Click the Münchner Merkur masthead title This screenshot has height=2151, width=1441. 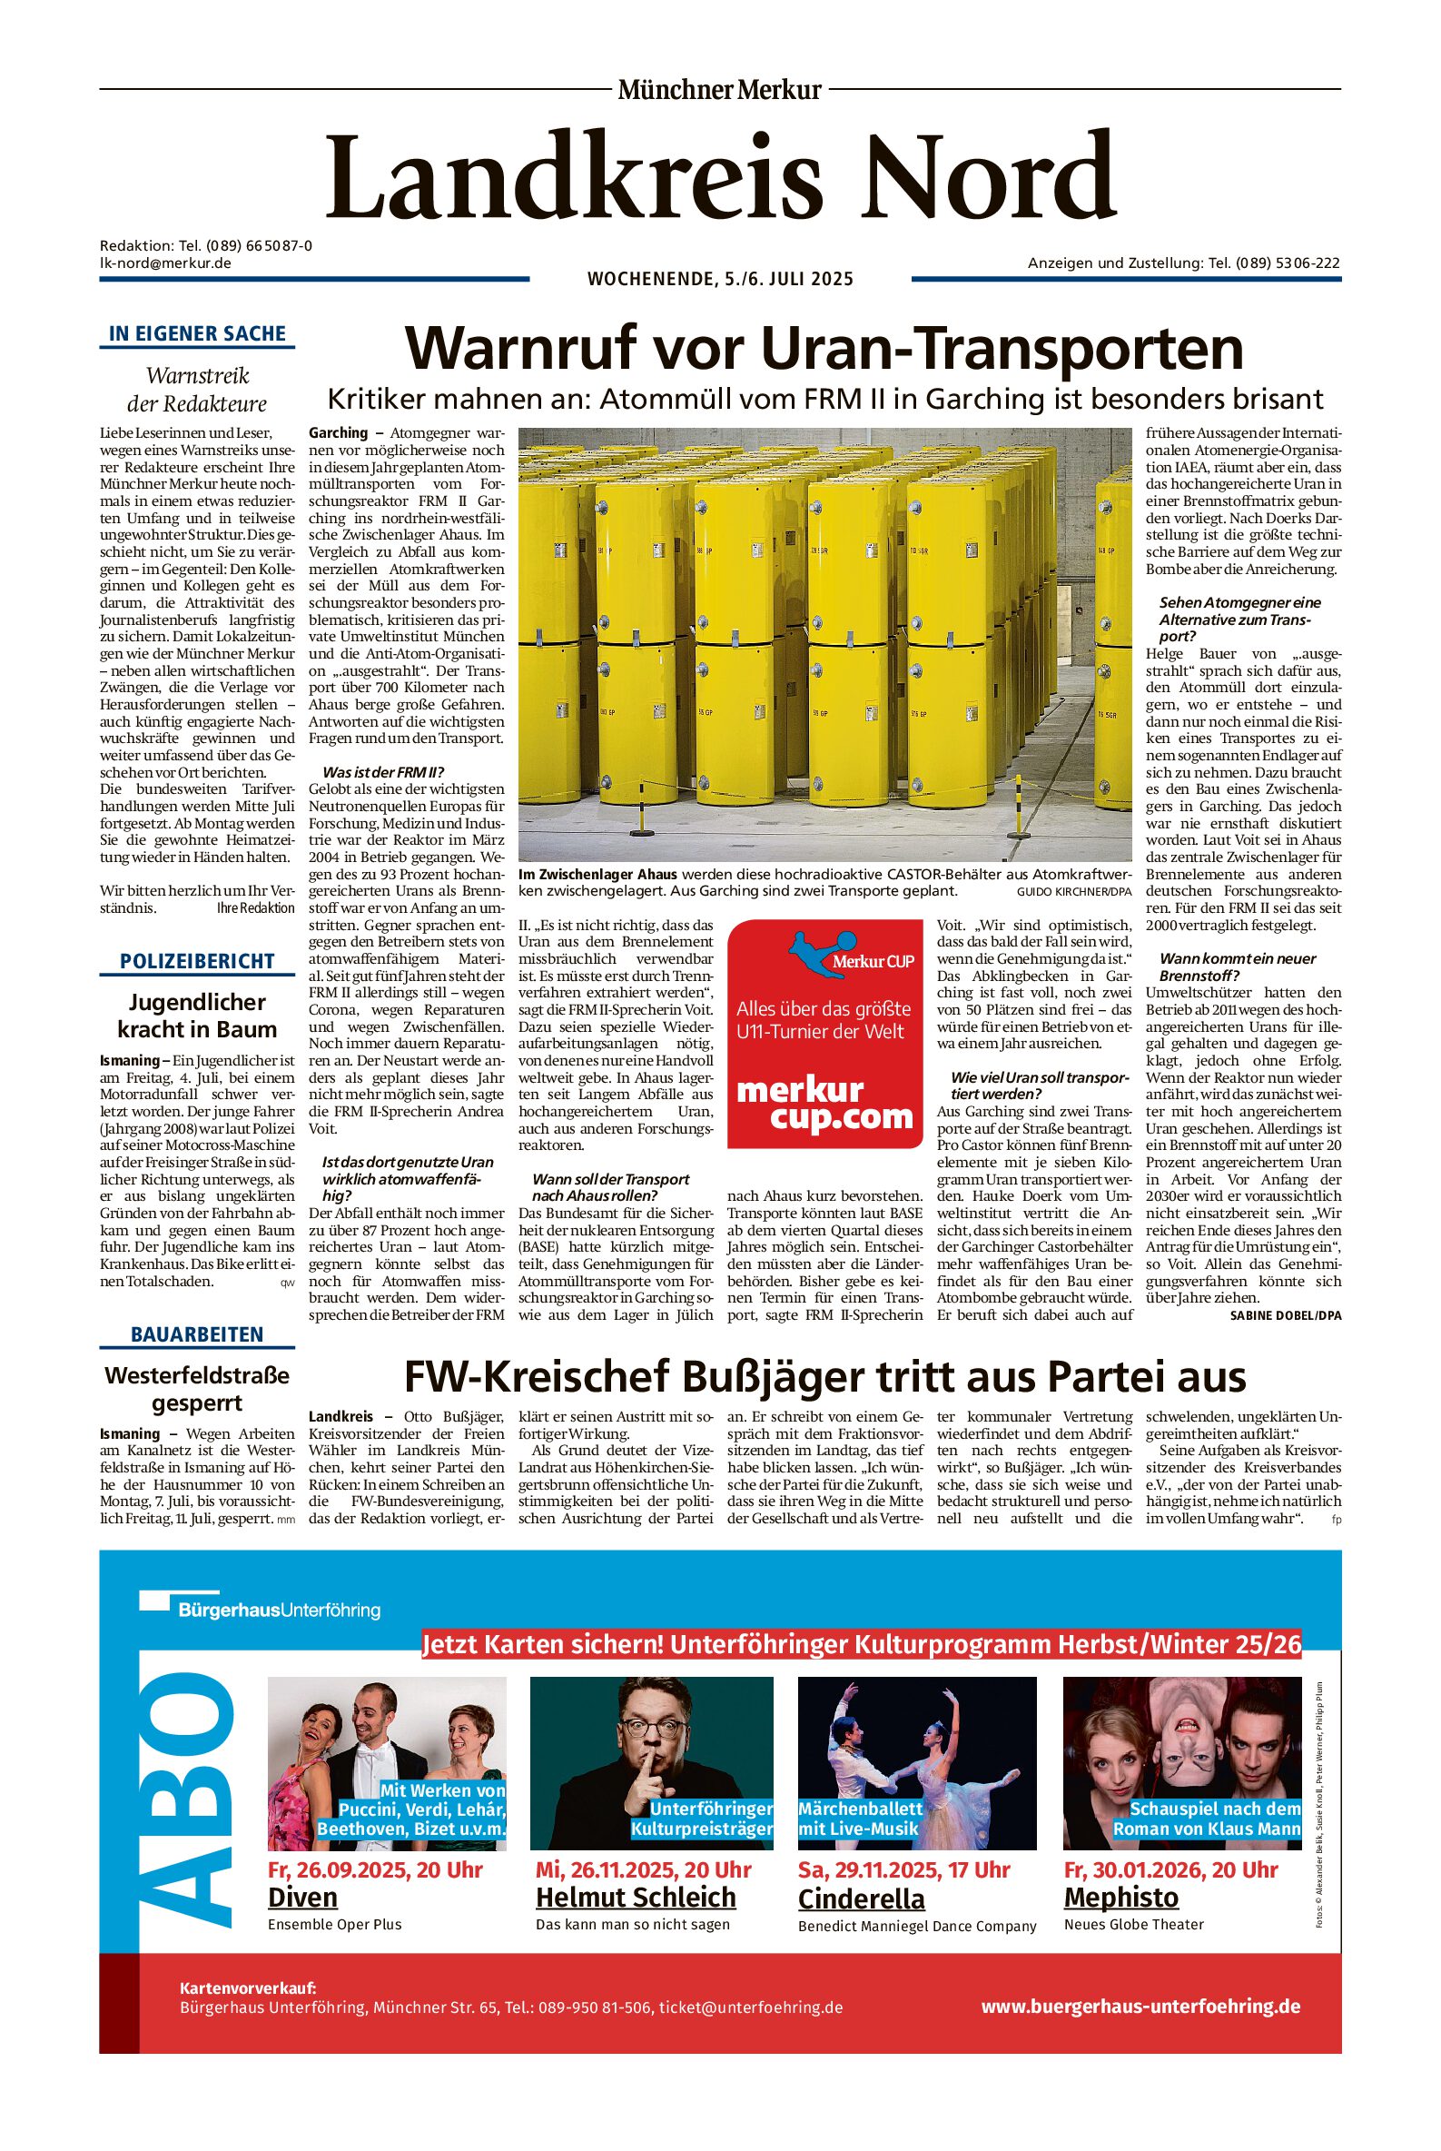point(719,90)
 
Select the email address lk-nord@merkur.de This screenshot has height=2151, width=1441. point(165,263)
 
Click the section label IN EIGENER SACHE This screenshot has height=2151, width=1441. point(198,333)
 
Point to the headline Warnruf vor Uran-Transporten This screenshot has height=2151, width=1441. point(824,349)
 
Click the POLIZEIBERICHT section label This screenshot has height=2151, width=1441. point(198,961)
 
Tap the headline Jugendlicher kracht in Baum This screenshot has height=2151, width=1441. point(198,1015)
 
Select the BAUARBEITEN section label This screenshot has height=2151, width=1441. point(198,1333)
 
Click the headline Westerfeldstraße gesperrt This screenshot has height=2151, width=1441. point(198,1389)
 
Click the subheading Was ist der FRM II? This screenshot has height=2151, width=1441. point(383,771)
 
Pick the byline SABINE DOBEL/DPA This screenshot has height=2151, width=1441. point(1285,1315)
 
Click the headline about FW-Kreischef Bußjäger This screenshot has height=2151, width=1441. point(824,1377)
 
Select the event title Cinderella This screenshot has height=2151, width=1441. point(861,1898)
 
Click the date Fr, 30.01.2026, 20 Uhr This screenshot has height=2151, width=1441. point(1170,1869)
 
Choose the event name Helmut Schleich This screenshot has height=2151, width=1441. point(636,1898)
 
